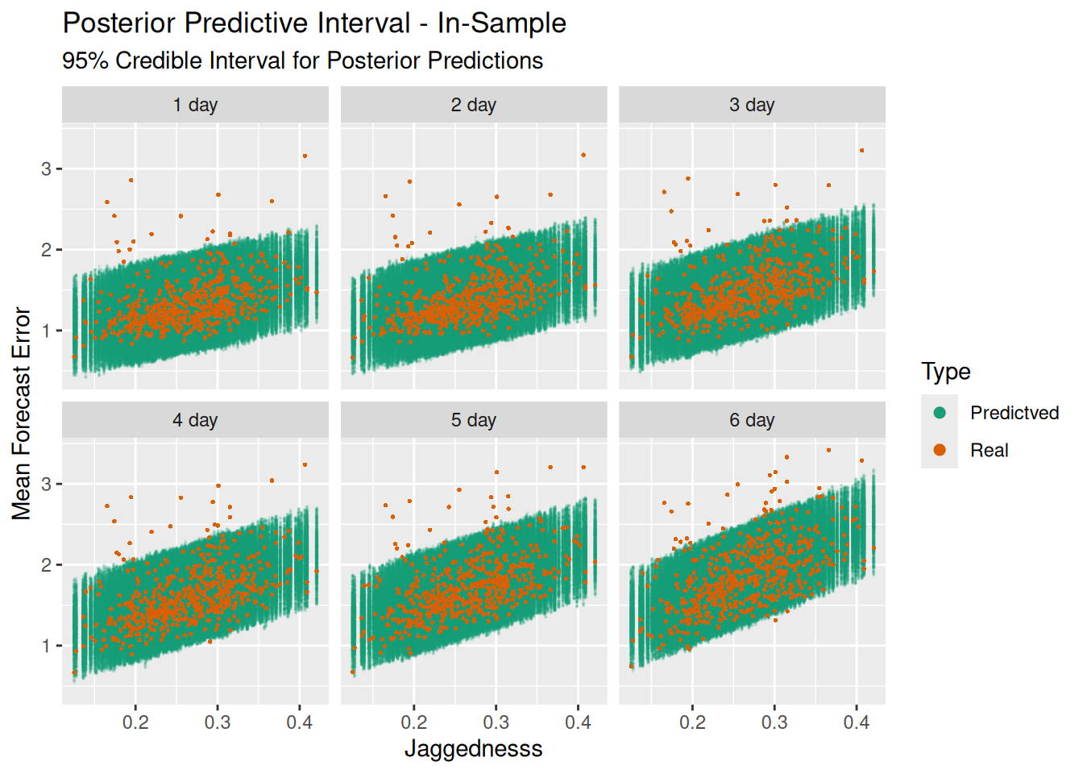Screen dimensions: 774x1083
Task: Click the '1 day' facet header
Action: (x=195, y=105)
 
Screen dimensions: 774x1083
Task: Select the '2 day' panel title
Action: (x=473, y=105)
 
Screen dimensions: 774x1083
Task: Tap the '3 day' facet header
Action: (x=752, y=105)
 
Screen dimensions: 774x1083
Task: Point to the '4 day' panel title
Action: (x=195, y=420)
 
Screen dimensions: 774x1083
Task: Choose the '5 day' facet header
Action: (x=473, y=420)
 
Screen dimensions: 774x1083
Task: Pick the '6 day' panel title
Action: (x=752, y=420)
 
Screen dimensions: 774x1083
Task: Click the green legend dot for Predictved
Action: (x=940, y=413)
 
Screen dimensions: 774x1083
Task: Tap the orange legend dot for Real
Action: (x=940, y=450)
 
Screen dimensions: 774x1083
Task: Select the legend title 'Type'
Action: (x=946, y=372)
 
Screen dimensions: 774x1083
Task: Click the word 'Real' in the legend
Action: (x=989, y=451)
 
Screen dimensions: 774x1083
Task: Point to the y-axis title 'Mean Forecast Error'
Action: (x=22, y=414)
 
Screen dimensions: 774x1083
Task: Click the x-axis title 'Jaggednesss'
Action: (x=473, y=749)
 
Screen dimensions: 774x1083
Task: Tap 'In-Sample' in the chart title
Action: (x=501, y=23)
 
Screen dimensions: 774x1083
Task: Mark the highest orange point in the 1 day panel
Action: (x=305, y=156)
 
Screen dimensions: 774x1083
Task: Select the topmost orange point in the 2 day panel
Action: (x=583, y=155)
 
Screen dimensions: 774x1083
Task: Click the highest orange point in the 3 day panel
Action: (x=861, y=150)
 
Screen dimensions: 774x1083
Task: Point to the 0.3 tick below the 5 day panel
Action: (x=496, y=722)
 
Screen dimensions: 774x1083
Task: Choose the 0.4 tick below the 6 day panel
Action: (x=856, y=722)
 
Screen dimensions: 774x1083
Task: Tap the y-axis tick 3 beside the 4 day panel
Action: (x=47, y=485)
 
